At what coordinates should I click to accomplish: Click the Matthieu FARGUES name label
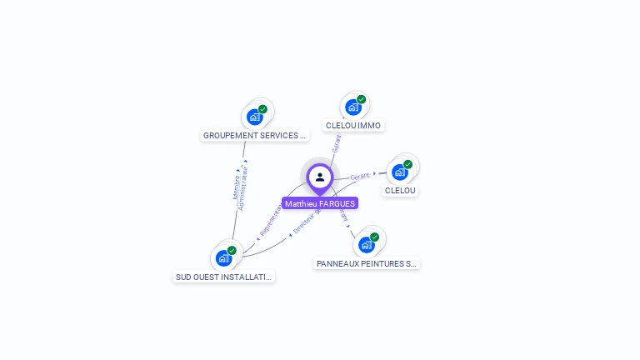pos(320,203)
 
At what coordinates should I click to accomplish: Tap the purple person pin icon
pos(320,177)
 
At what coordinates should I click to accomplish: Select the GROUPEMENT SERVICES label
pos(255,135)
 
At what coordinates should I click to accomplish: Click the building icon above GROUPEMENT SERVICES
pos(254,117)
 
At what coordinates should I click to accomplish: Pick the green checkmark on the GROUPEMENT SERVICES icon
pos(262,109)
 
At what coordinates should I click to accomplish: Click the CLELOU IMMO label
pos(352,125)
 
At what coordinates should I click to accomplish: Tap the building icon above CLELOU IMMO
pos(353,107)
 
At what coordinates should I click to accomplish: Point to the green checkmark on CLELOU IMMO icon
pos(362,99)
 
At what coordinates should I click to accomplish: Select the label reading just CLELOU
pos(400,190)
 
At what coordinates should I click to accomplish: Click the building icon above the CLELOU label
pos(400,172)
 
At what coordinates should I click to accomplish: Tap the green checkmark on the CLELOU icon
pos(408,164)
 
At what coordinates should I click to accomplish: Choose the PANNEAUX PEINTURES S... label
pos(367,263)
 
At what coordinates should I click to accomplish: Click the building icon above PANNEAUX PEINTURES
pos(366,245)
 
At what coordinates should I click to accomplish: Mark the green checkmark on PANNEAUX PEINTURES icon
pos(375,237)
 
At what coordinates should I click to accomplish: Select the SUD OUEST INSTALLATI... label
pos(223,277)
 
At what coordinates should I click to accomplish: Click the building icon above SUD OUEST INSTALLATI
pos(223,258)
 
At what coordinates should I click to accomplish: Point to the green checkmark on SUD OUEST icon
pos(232,251)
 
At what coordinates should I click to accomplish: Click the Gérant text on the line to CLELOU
pos(360,177)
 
